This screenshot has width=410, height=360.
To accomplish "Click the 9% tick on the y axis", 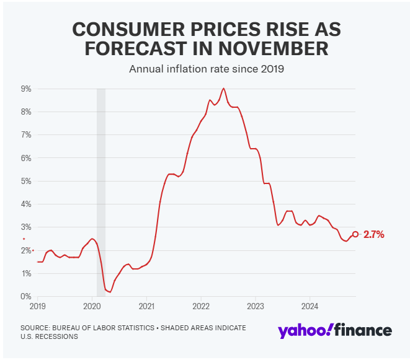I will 27,89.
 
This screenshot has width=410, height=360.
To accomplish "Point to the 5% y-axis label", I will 27,181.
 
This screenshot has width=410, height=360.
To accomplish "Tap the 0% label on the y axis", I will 27,296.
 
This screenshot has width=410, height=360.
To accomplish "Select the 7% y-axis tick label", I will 27,134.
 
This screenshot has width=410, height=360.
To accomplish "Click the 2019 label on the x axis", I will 38,305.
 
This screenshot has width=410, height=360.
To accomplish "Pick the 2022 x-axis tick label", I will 201,305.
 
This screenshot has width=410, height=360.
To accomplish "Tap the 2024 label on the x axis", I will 310,305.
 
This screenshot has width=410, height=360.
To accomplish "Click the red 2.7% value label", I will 374,234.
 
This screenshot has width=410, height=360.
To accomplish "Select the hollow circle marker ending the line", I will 355,234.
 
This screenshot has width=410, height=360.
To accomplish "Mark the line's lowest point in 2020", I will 110,292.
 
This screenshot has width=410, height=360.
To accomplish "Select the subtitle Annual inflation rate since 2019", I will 206,69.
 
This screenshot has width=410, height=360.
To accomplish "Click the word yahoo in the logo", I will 304,330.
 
